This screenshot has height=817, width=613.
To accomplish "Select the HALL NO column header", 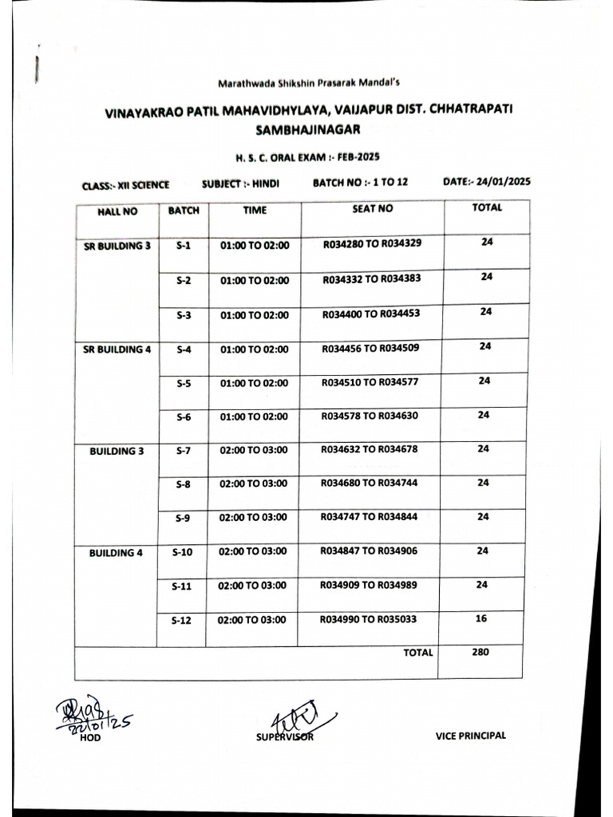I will tap(117, 212).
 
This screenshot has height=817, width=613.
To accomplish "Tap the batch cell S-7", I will tap(184, 450).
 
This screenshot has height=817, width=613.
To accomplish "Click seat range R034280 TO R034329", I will tap(372, 243).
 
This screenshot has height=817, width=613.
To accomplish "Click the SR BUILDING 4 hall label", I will tap(117, 349).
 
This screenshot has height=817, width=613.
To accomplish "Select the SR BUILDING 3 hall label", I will tap(117, 247).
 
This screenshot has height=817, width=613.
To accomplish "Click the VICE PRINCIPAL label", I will tap(471, 736).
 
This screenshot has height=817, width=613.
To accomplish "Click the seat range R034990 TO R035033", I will tap(368, 619).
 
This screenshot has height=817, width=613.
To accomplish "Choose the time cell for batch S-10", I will tap(252, 551).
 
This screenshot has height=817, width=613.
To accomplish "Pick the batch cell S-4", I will tap(184, 349).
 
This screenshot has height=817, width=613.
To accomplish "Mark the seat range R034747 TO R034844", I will tap(369, 517).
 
